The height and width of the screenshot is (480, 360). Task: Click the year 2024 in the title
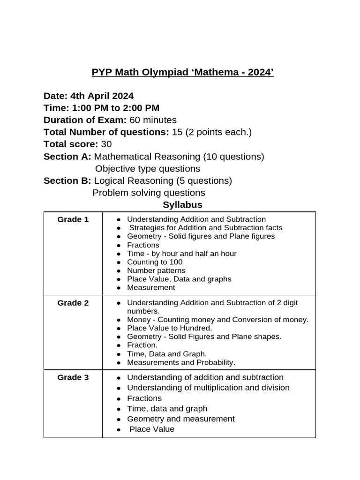(259, 73)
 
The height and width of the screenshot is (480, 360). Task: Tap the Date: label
(56, 96)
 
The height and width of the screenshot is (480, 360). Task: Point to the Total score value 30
(106, 144)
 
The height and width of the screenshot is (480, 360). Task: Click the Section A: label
(67, 157)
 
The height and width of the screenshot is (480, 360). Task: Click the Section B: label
(67, 180)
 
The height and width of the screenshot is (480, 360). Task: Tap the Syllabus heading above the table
(182, 205)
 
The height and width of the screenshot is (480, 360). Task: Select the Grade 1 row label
(73, 219)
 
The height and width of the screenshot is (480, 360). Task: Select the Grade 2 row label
(73, 303)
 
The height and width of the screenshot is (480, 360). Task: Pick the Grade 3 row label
(73, 377)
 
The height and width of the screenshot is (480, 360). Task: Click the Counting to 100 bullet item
(155, 262)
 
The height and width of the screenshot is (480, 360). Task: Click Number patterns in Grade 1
(156, 270)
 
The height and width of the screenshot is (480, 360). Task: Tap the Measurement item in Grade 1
(151, 287)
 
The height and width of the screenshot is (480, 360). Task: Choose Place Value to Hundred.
(169, 328)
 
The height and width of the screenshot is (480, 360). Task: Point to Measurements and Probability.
(181, 362)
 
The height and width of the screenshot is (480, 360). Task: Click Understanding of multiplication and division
(208, 388)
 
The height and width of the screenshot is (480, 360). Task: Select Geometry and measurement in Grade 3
(181, 419)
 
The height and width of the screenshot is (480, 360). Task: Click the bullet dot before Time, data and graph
(120, 409)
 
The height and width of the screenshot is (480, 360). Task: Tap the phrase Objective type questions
(147, 169)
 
